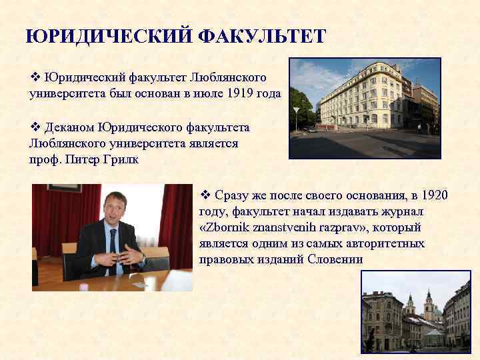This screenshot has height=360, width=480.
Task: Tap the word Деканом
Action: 69,127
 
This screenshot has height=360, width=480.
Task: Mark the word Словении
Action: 336,259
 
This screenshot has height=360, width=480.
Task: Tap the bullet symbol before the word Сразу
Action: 205,195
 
